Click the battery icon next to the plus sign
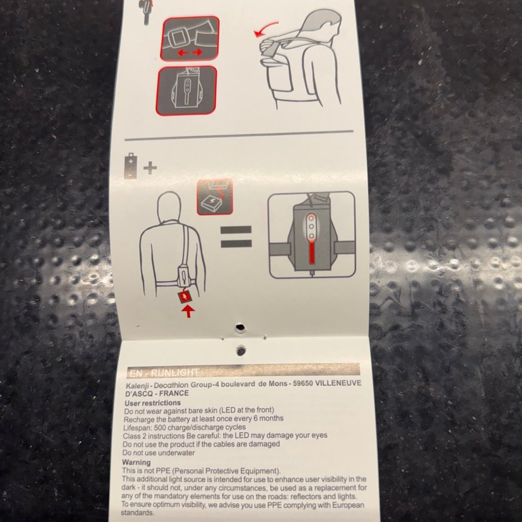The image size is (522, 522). [130, 166]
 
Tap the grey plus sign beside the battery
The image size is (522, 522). [150, 168]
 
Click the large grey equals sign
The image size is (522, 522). [236, 237]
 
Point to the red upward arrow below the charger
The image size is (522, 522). [188, 311]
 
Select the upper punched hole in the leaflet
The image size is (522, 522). [240, 328]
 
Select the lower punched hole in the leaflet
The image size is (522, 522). [241, 350]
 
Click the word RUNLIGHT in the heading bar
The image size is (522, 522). [175, 373]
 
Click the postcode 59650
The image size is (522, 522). [302, 383]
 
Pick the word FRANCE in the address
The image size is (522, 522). [174, 393]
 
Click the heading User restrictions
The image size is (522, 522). [153, 403]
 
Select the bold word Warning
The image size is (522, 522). [136, 462]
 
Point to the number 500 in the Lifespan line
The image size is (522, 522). [160, 427]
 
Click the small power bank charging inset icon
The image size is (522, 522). [215, 197]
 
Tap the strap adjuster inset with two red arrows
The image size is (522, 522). [190, 39]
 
